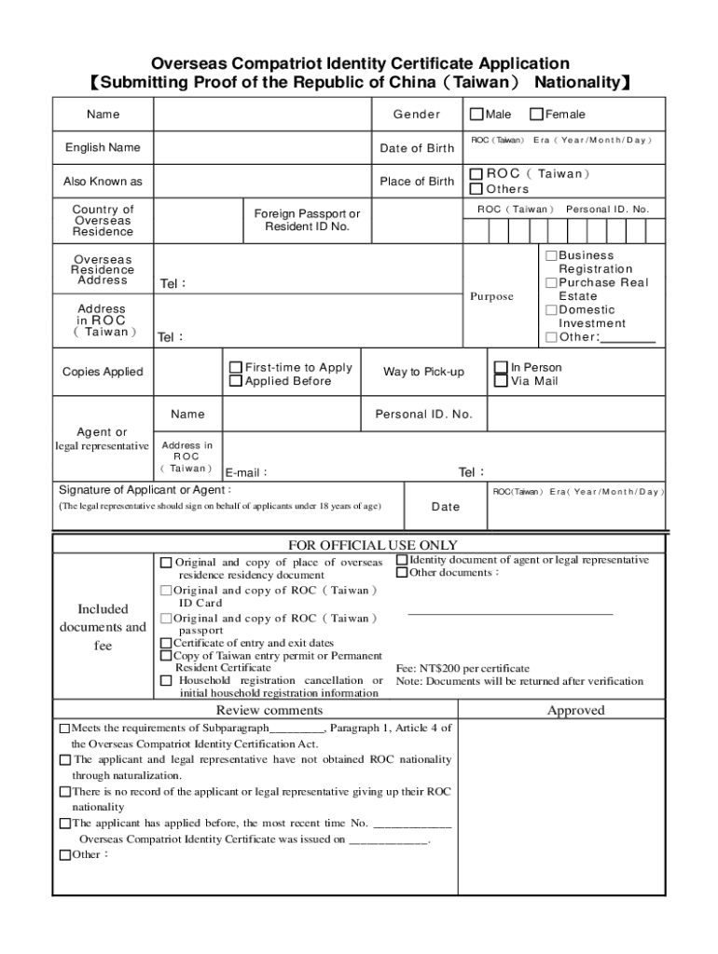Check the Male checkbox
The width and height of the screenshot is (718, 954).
476,115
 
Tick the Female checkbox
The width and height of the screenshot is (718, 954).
536,115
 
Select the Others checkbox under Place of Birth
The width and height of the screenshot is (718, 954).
476,189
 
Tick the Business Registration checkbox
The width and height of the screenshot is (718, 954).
551,255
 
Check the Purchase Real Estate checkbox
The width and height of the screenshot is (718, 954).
551,282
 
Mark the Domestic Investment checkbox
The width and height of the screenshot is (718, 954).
551,309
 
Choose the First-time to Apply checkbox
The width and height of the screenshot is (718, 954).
236,367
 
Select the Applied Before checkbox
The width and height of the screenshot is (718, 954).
236,381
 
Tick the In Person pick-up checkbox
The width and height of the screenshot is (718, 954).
501,367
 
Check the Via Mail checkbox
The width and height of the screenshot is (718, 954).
501,381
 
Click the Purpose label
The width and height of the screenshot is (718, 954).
491,296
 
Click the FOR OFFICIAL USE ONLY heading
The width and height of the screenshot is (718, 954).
373,545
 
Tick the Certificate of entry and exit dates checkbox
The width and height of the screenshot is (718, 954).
166,643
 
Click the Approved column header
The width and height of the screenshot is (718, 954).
575,710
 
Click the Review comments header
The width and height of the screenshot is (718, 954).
256,710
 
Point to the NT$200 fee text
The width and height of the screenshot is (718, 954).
463,668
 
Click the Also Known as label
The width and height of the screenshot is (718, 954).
103,182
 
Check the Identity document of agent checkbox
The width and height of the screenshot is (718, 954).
402,560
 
